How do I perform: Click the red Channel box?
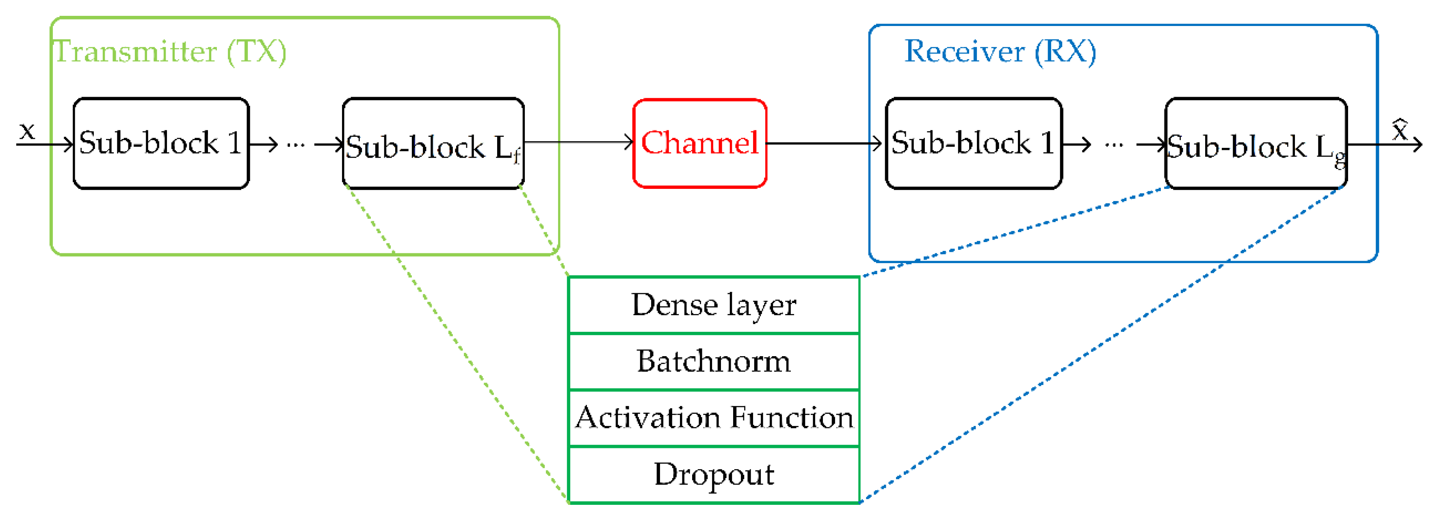pyautogui.click(x=700, y=143)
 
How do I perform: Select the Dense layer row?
pyautogui.click(x=714, y=305)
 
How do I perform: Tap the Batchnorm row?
pyautogui.click(x=714, y=362)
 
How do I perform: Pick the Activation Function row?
pyautogui.click(x=714, y=418)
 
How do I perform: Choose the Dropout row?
pyautogui.click(x=714, y=475)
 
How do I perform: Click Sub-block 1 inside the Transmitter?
pyautogui.click(x=161, y=143)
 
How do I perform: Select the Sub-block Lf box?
pyautogui.click(x=433, y=143)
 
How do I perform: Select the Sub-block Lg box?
pyautogui.click(x=1255, y=143)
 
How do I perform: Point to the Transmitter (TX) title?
pyautogui.click(x=170, y=52)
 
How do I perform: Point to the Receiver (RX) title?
pyautogui.click(x=1000, y=52)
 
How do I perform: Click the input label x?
pyautogui.click(x=27, y=131)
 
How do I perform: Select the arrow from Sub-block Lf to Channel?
pyautogui.click(x=578, y=142)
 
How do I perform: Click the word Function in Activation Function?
pyautogui.click(x=792, y=418)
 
